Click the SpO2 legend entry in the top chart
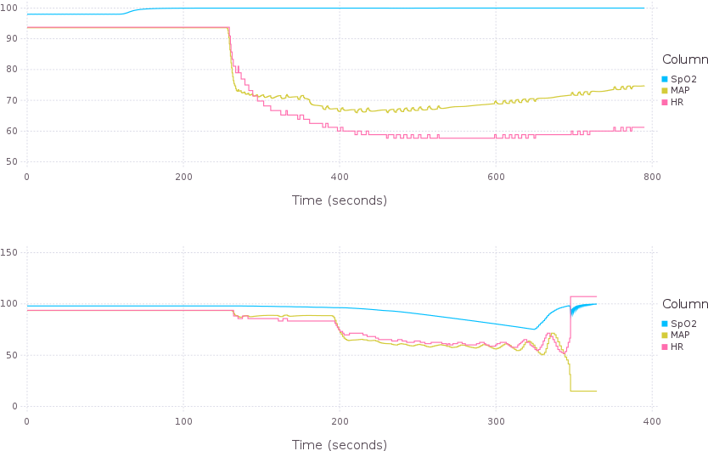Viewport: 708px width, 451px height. (683, 79)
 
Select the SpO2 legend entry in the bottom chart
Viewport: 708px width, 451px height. (683, 324)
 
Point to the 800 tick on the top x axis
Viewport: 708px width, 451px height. (651, 177)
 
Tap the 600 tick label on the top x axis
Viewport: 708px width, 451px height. (496, 177)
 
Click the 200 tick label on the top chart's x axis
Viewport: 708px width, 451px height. (183, 177)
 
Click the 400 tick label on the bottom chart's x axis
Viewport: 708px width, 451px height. (651, 421)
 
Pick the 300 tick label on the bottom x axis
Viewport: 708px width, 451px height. (496, 421)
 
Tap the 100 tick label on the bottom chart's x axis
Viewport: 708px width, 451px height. (183, 421)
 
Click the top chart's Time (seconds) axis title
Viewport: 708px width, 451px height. (339, 200)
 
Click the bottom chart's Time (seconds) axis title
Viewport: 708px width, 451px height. (339, 444)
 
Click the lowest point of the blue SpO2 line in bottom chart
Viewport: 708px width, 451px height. (535, 329)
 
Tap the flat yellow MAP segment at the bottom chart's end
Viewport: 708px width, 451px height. (584, 391)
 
